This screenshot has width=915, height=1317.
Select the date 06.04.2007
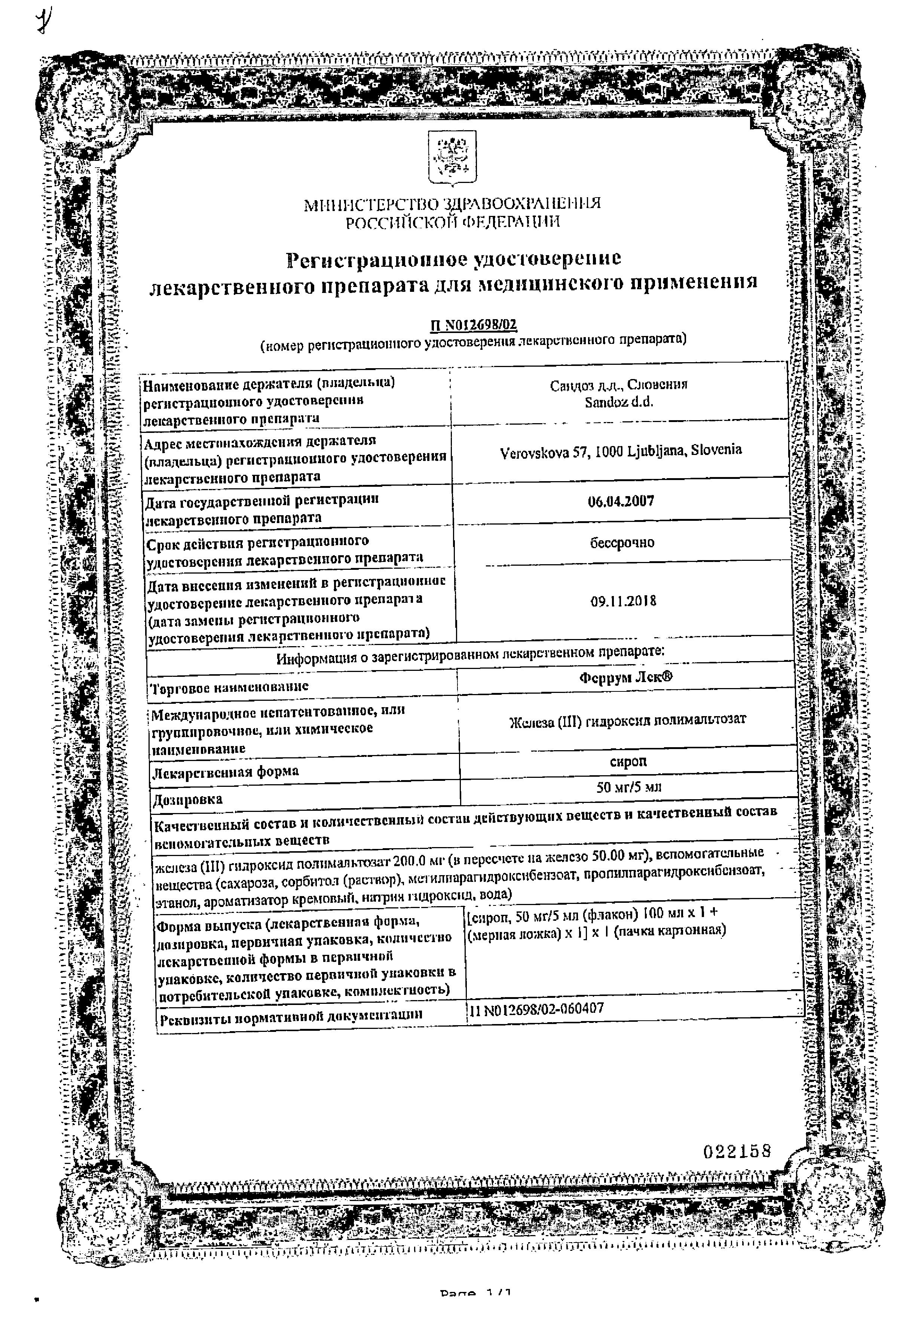621,501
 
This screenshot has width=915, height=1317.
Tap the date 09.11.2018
623,602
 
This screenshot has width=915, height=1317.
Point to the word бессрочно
622,543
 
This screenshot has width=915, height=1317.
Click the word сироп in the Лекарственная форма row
628,762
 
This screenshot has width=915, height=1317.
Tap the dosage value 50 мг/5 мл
628,787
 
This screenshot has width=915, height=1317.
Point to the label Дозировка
187,799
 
